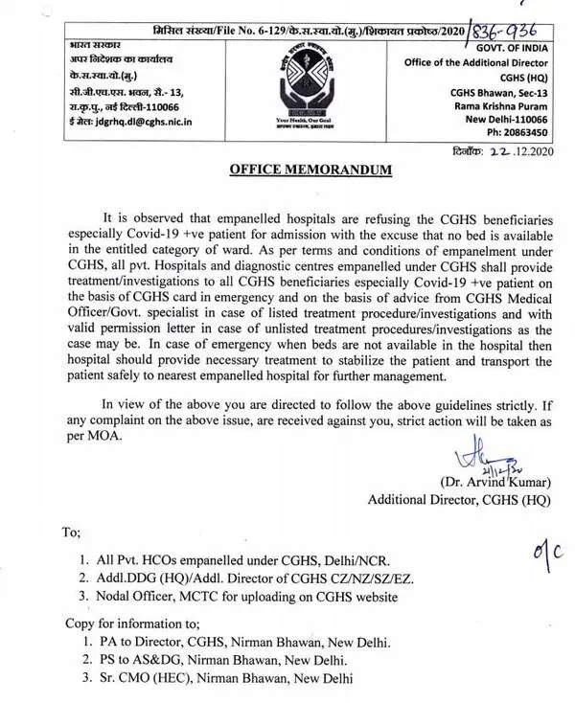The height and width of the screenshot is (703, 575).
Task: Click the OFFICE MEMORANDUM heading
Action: pos(297,170)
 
